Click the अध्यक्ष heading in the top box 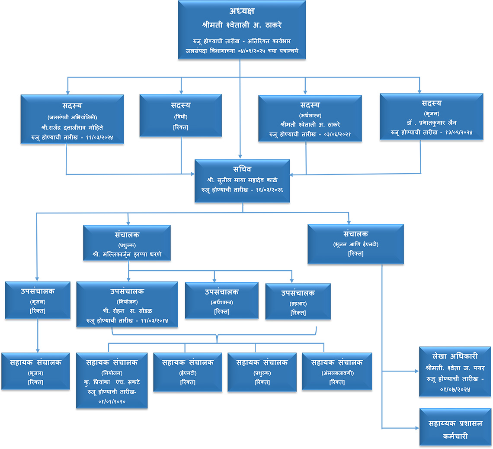[x=242, y=11]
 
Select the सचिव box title [x=242, y=169]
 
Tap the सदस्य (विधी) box [x=181, y=116]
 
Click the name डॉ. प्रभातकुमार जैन [x=432, y=123]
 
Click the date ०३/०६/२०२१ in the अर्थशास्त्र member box [x=337, y=135]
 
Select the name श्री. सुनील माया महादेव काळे [x=242, y=180]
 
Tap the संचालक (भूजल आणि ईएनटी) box [x=355, y=244]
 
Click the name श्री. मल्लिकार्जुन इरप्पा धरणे [x=127, y=255]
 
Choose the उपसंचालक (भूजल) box [x=38, y=300]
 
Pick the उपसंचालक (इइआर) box [x=298, y=302]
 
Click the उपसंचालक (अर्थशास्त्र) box [x=222, y=300]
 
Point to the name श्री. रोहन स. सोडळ [x=127, y=311]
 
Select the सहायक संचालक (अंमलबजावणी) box [x=337, y=371]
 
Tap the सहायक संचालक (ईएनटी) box [x=188, y=372]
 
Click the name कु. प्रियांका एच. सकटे [x=112, y=382]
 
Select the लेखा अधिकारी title [x=455, y=356]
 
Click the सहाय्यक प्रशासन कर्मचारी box [x=455, y=427]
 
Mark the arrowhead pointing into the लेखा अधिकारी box [x=417, y=371]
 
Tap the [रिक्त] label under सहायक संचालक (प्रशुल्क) [x=262, y=382]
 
